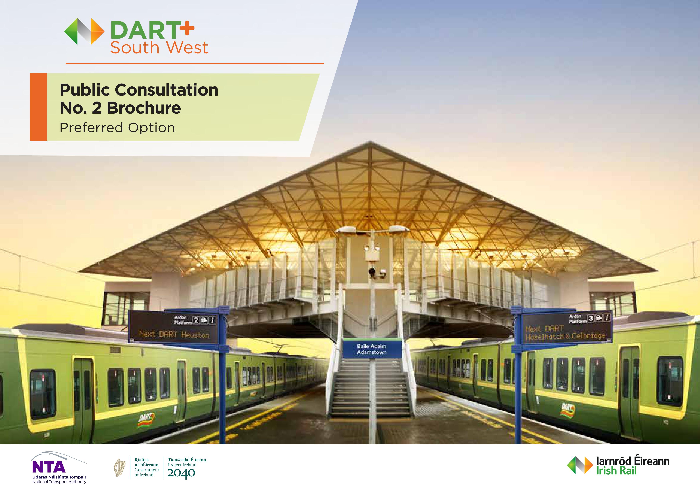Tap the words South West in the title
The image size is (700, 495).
(x=159, y=48)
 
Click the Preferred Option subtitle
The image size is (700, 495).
(x=117, y=128)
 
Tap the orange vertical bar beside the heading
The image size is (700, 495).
(x=39, y=107)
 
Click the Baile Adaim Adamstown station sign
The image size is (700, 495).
(x=372, y=349)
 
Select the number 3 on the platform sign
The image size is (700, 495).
(x=591, y=318)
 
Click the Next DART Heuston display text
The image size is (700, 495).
(x=174, y=334)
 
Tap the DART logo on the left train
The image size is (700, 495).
(x=146, y=419)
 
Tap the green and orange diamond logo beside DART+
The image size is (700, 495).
(x=84, y=31)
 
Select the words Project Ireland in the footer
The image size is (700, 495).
(x=182, y=465)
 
